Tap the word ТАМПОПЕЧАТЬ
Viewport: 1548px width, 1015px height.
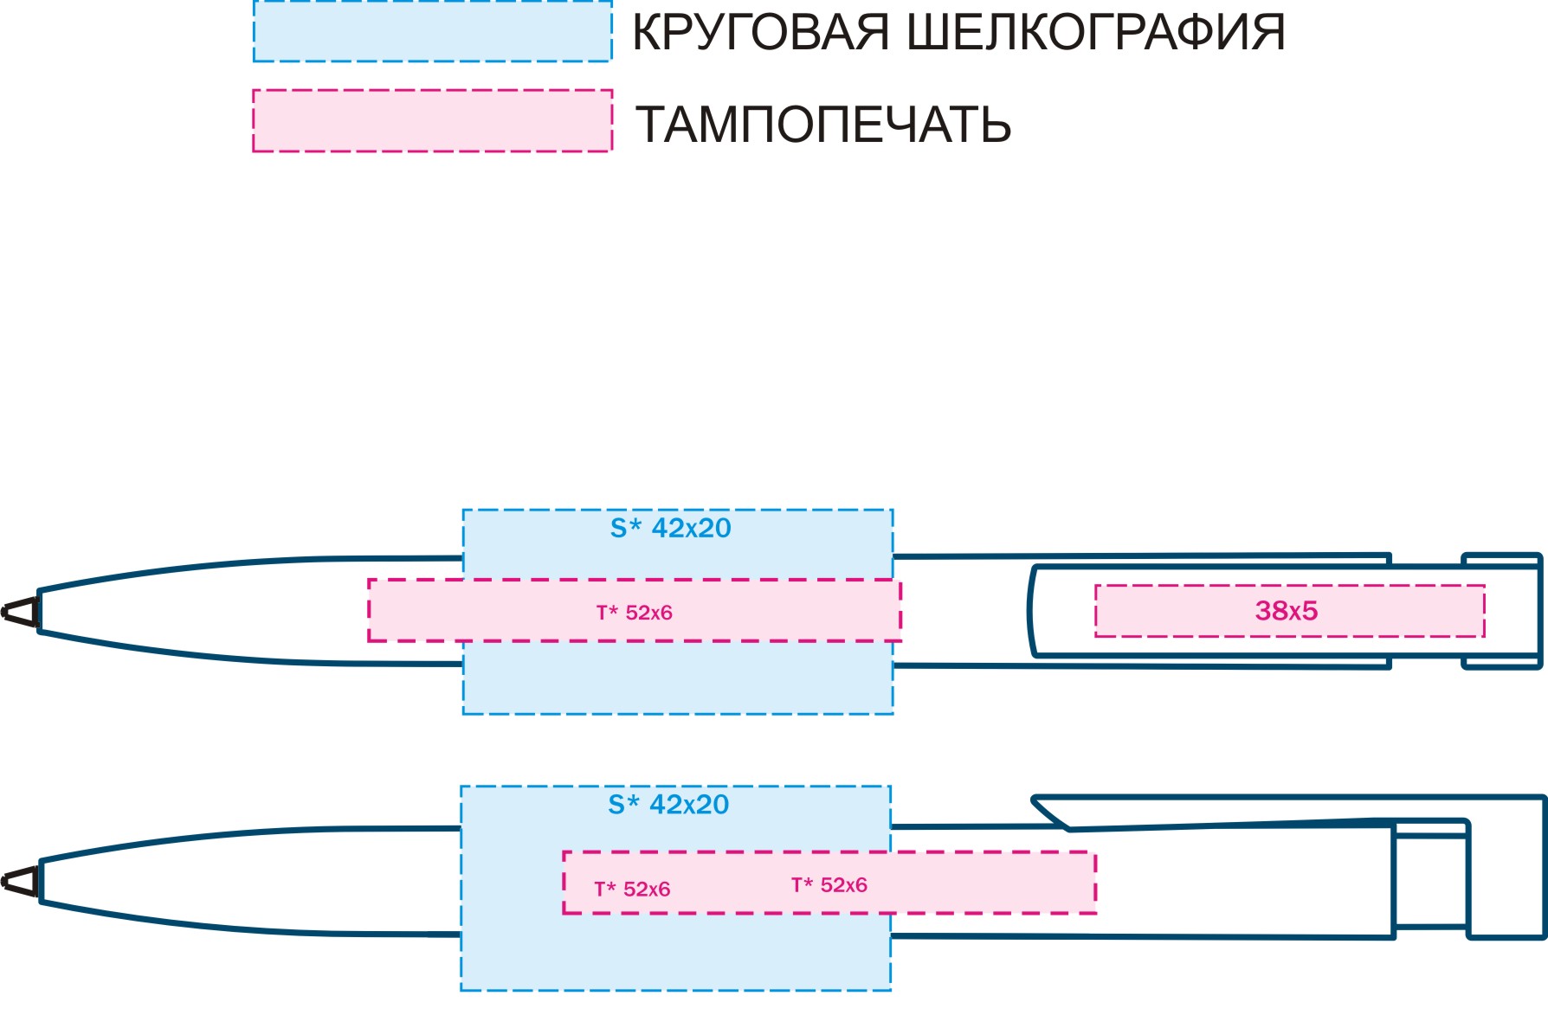pos(823,125)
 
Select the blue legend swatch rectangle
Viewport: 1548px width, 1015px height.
pos(433,30)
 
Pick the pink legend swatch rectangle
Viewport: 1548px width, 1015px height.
pos(433,120)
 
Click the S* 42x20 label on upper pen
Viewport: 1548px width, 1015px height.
pos(671,528)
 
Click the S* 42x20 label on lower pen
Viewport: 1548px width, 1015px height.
pos(668,805)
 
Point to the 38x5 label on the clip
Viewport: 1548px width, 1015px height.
pos(1287,611)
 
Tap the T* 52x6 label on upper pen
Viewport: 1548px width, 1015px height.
pos(635,613)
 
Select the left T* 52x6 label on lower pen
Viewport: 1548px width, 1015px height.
pos(632,889)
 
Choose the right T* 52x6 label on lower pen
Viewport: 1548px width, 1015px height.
pos(829,885)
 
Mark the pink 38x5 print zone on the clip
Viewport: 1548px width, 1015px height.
pos(1290,611)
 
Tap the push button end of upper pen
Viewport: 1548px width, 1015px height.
pos(1503,611)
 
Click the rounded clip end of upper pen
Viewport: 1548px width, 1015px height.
pos(1032,611)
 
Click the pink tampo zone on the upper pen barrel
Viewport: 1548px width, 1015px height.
pos(635,611)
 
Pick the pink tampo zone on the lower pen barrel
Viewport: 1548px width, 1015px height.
pos(829,883)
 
